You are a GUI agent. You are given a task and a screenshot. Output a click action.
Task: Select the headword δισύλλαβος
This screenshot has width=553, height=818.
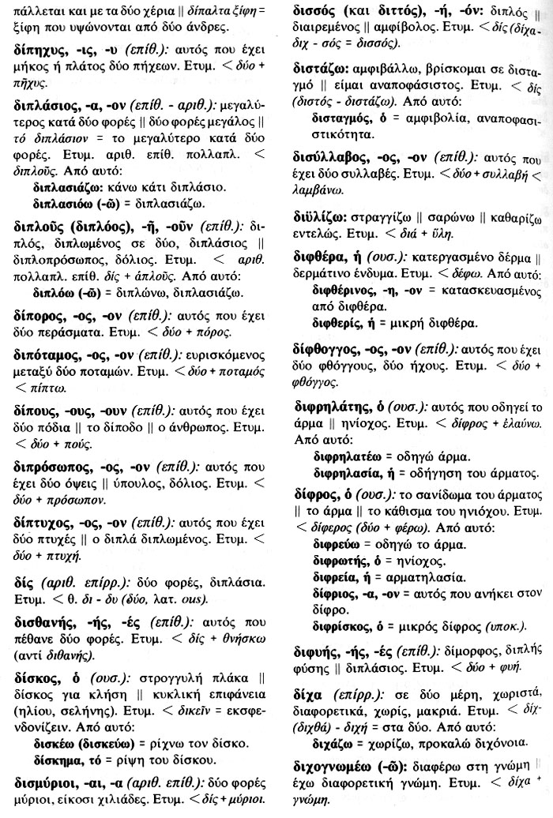click(332, 156)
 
